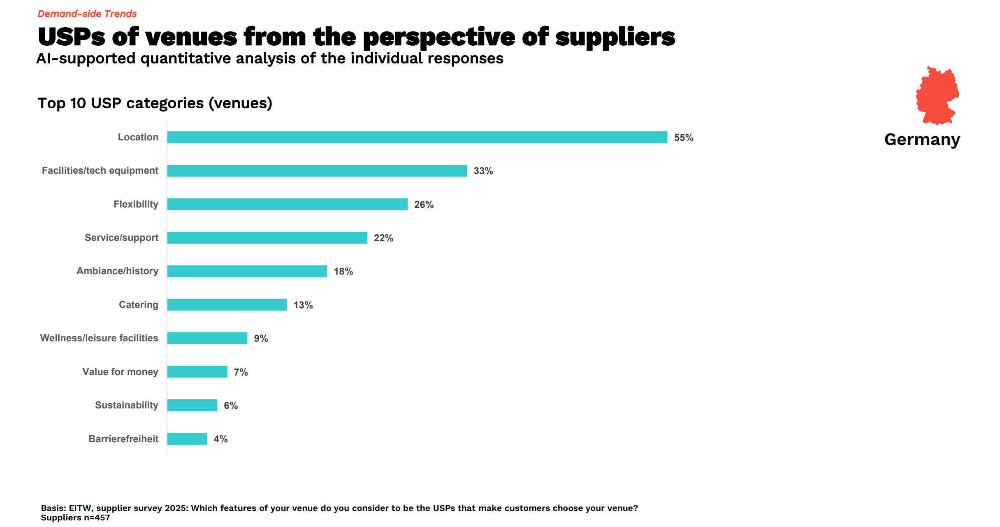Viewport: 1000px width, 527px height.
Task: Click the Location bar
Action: (x=417, y=137)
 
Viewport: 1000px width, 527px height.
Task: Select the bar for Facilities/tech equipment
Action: (x=317, y=170)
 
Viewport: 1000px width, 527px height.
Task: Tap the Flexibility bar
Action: (x=287, y=204)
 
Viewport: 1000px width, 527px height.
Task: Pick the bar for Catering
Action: (x=227, y=305)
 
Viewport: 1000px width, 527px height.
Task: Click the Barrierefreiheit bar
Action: (x=187, y=439)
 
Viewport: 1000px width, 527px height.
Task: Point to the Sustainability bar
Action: (x=192, y=405)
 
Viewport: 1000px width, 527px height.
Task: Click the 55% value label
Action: (x=683, y=138)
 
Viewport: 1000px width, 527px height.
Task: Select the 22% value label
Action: (x=383, y=238)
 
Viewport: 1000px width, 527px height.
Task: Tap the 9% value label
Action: (x=261, y=338)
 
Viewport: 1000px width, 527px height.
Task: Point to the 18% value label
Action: (x=343, y=271)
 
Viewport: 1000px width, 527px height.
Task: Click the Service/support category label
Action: (x=121, y=238)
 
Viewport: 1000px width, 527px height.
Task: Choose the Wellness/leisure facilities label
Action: (x=99, y=338)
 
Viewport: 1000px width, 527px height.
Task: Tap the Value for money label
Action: (x=120, y=372)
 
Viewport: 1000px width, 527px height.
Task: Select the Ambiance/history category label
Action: (x=117, y=271)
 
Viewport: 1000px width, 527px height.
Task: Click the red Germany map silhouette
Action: (x=937, y=96)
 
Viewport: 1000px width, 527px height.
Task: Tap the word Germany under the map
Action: (x=922, y=140)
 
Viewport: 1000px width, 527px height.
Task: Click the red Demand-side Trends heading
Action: (x=87, y=14)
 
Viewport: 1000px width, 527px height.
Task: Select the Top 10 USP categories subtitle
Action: (x=155, y=103)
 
